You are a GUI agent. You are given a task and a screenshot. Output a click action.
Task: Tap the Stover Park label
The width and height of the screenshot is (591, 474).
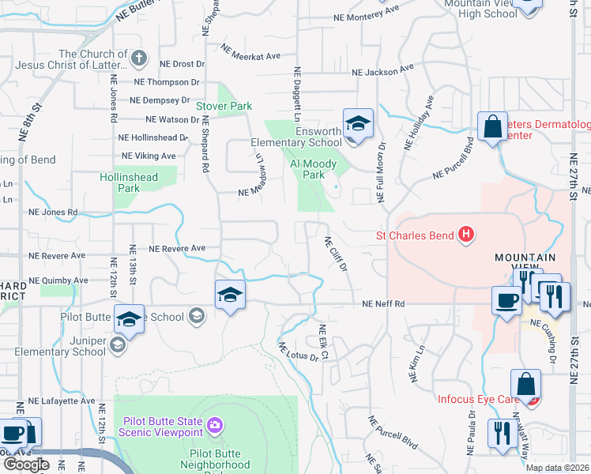point(224,106)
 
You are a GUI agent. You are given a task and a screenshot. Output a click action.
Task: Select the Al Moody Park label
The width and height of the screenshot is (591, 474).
point(314,169)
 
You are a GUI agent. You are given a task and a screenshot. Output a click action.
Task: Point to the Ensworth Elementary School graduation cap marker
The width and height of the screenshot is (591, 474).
point(358,124)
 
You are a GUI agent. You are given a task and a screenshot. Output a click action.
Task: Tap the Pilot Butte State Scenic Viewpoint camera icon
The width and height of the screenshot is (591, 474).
point(214,427)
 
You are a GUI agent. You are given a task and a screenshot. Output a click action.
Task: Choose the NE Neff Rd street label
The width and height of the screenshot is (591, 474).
point(383,304)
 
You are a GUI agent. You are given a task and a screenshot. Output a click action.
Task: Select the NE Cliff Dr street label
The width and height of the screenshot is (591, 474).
point(337,254)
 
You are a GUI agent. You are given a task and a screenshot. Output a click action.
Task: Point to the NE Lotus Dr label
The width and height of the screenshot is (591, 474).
point(298,352)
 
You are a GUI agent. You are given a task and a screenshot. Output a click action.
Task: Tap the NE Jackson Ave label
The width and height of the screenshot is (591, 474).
point(382,70)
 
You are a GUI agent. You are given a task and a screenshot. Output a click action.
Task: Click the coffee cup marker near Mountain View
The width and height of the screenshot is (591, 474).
point(506,299)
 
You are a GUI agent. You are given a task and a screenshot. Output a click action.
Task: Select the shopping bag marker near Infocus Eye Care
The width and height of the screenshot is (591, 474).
point(525,385)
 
